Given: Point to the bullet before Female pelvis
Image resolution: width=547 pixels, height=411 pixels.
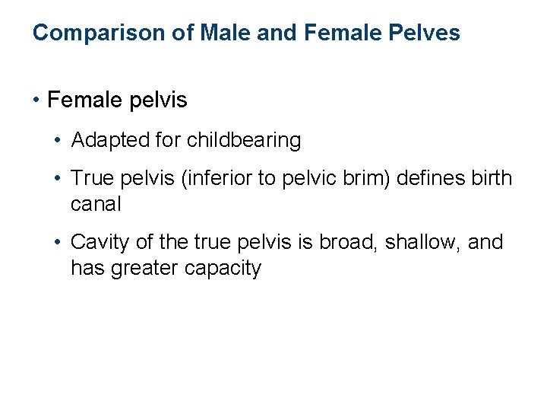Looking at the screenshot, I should tap(36, 100).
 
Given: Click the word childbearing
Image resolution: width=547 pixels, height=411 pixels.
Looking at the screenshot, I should tap(243, 141).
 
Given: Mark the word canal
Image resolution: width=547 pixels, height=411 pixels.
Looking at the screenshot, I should tap(96, 205).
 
